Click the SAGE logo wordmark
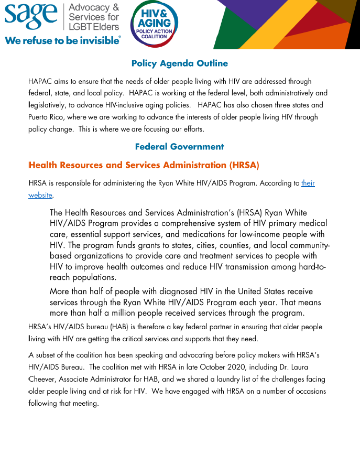(32, 17)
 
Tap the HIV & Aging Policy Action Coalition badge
(154, 24)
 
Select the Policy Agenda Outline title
(179, 63)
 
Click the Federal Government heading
(179, 147)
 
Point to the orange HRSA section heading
(144, 165)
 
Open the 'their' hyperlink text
(308, 183)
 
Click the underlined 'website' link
(40, 196)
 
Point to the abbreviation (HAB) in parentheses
(122, 327)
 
